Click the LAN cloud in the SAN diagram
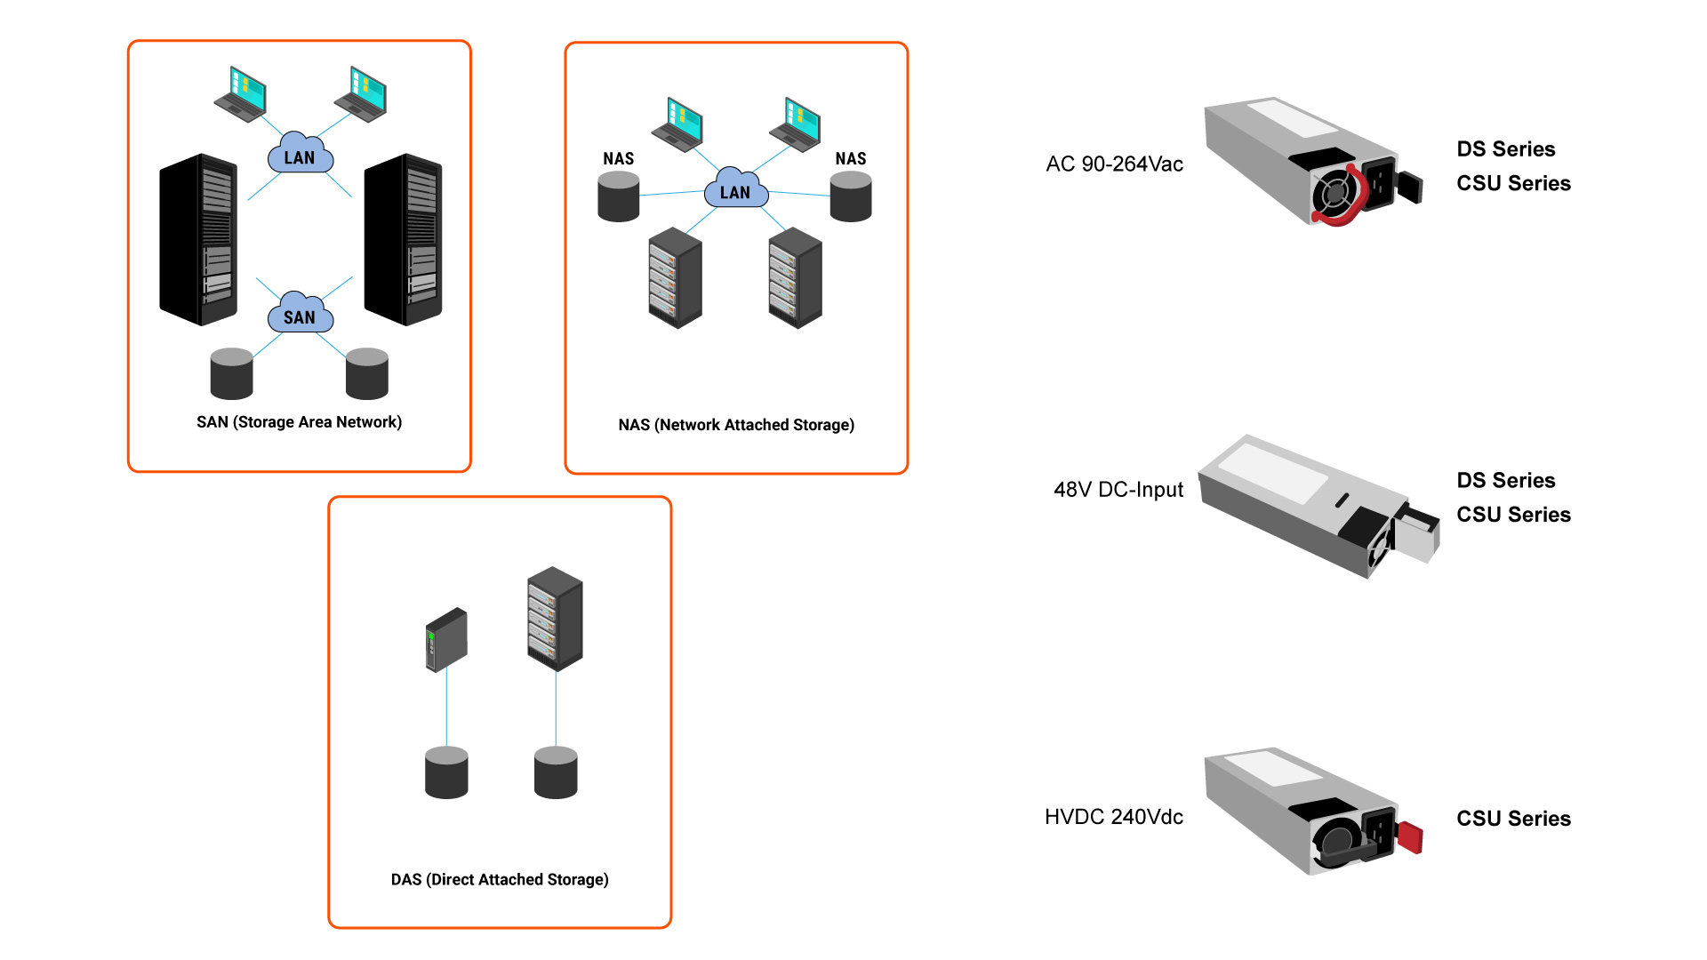(x=301, y=155)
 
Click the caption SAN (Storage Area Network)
(x=299, y=422)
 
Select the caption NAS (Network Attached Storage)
(x=736, y=425)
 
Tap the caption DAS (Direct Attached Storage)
(x=500, y=879)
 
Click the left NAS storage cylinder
(x=619, y=196)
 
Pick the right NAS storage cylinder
(x=851, y=196)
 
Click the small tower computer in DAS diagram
(x=446, y=639)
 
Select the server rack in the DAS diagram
(x=555, y=619)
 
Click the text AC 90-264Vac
(x=1114, y=164)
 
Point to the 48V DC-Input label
(x=1118, y=490)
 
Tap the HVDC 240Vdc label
(x=1114, y=817)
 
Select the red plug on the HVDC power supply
(x=1410, y=837)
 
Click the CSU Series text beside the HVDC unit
(x=1513, y=819)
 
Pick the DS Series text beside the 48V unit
(x=1506, y=481)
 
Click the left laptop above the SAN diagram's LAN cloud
(x=241, y=93)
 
